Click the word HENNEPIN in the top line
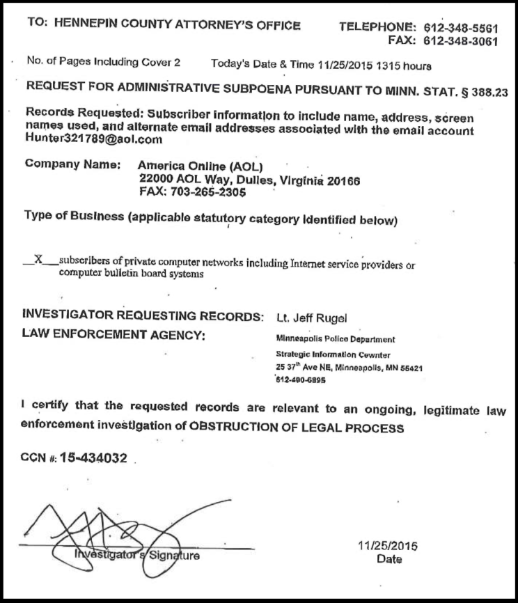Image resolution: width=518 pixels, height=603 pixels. click(86, 26)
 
